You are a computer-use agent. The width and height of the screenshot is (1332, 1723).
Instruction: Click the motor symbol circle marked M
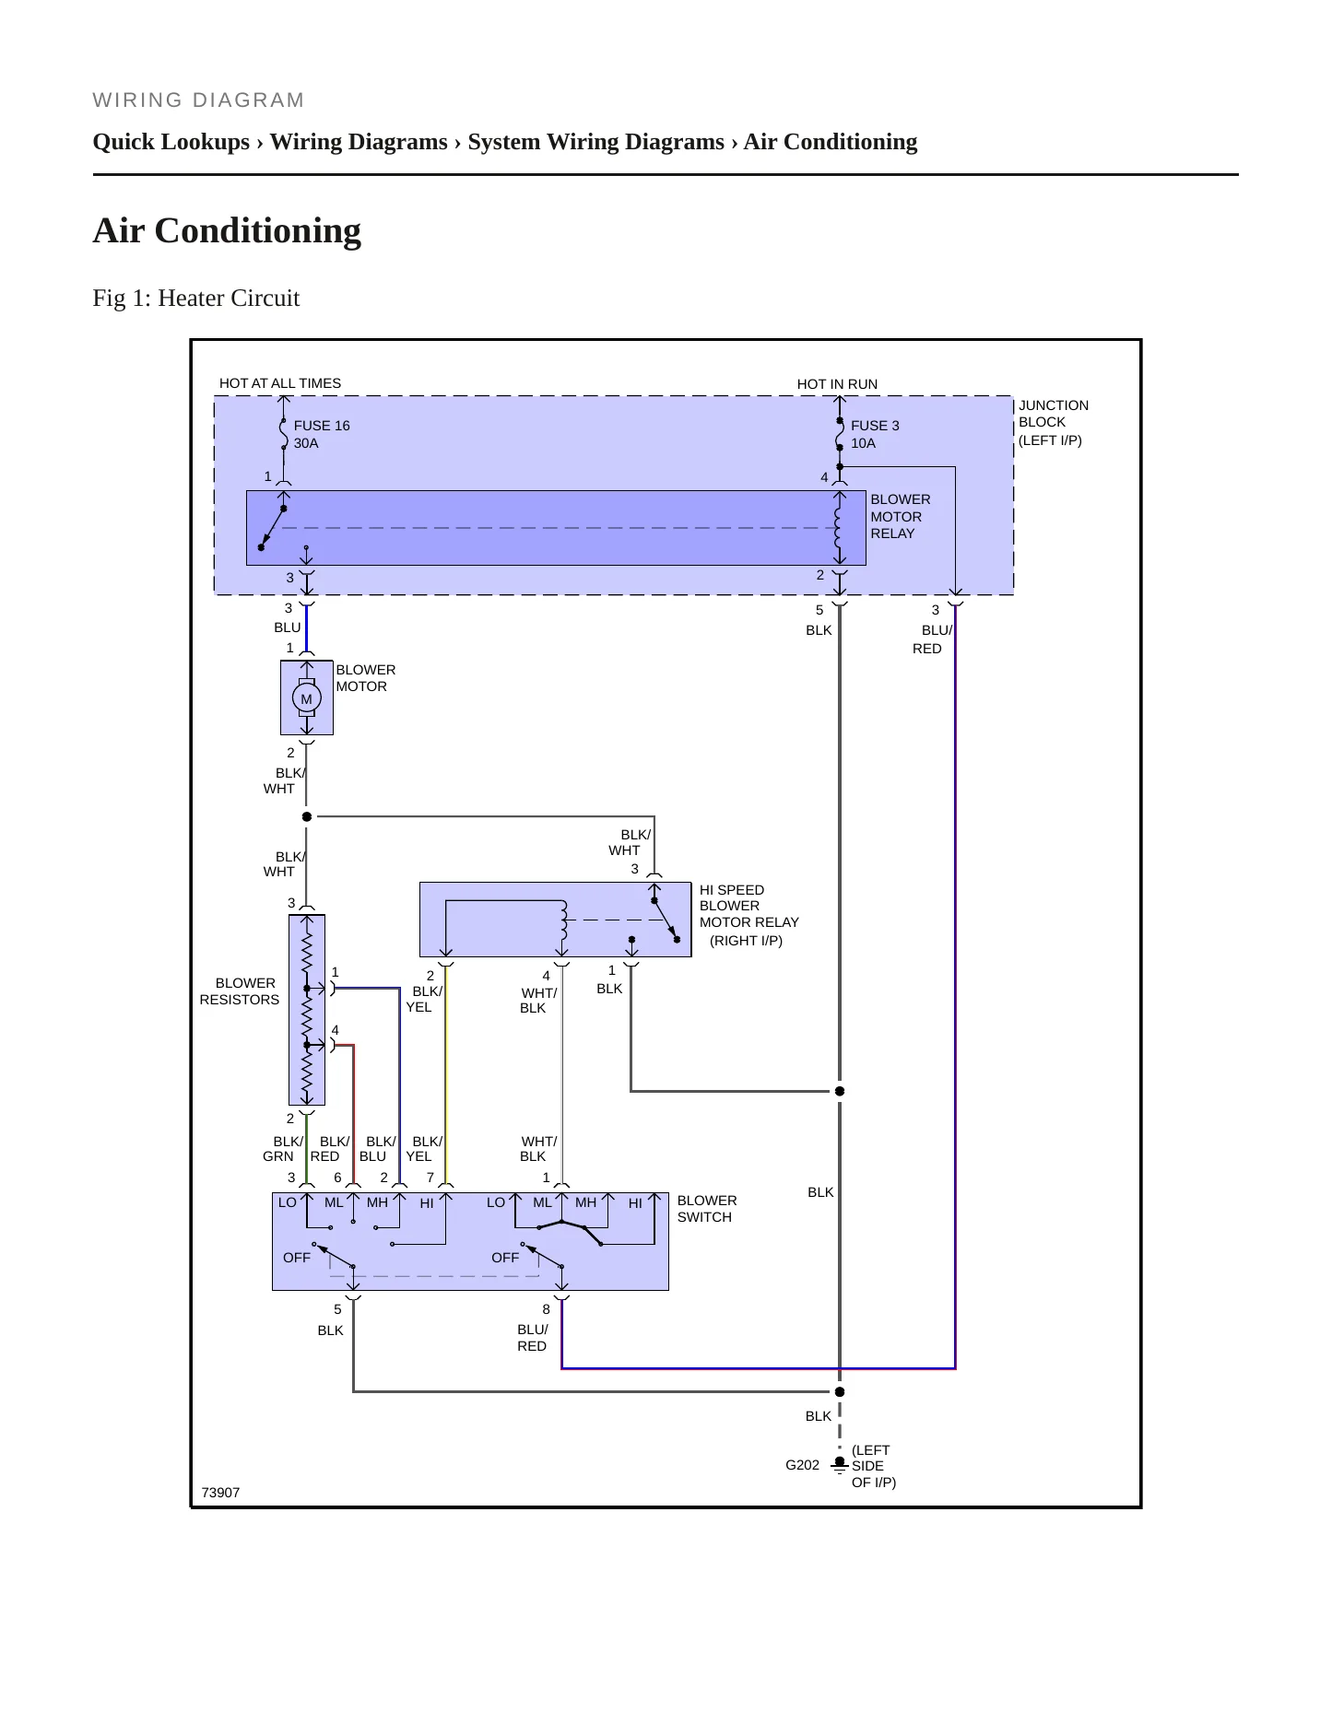click(307, 698)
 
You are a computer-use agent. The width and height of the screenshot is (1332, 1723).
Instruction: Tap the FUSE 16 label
click(322, 426)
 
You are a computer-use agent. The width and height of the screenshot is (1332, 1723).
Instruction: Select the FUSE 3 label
click(875, 426)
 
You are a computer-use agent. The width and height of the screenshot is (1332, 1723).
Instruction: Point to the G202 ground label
click(802, 1465)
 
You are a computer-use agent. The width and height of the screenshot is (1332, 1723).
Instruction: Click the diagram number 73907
click(220, 1493)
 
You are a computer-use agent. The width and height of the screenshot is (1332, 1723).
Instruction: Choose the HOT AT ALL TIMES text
click(280, 383)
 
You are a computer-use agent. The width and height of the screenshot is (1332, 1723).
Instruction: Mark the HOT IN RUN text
click(837, 384)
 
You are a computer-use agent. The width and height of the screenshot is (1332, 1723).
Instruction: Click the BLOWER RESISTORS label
click(240, 991)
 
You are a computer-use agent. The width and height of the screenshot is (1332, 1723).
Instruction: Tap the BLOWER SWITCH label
click(707, 1209)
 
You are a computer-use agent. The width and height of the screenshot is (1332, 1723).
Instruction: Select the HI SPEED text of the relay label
click(732, 890)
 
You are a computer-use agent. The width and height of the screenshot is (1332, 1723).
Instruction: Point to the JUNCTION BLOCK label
click(1054, 414)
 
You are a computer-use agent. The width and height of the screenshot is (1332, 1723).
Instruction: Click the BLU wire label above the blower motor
click(288, 627)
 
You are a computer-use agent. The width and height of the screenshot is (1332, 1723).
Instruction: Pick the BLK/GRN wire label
click(282, 1149)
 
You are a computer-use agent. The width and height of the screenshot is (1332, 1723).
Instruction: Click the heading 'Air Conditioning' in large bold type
click(227, 230)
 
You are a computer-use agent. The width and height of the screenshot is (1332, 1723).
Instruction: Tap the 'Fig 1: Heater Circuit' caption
click(196, 298)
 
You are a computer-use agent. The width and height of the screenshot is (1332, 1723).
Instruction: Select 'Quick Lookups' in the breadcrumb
click(171, 141)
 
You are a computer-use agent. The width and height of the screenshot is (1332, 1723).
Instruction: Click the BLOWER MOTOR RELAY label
click(901, 516)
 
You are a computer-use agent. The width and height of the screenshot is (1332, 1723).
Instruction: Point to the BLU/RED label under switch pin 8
click(533, 1338)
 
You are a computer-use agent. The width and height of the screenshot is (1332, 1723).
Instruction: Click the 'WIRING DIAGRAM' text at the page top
click(198, 100)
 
